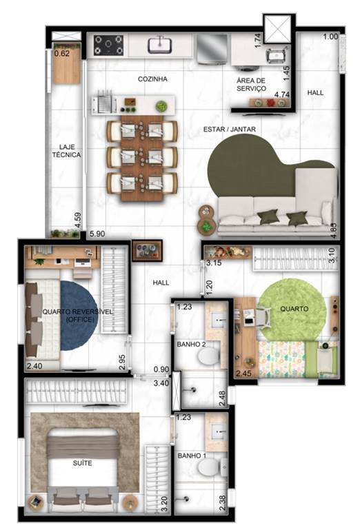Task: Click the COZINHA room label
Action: click(152, 80)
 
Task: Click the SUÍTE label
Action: click(82, 463)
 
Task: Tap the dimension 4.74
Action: click(281, 94)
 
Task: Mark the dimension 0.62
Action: click(62, 53)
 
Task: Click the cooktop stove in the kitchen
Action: click(108, 45)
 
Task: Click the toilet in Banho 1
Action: click(206, 469)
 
